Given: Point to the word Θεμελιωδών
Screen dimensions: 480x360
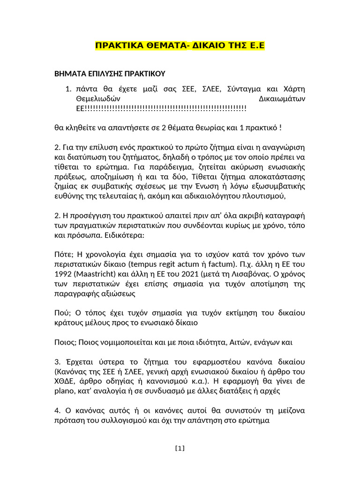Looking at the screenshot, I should (x=98, y=99).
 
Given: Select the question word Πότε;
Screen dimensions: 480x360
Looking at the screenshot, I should (x=64, y=254).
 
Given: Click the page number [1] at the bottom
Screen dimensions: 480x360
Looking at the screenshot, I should (x=180, y=448).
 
